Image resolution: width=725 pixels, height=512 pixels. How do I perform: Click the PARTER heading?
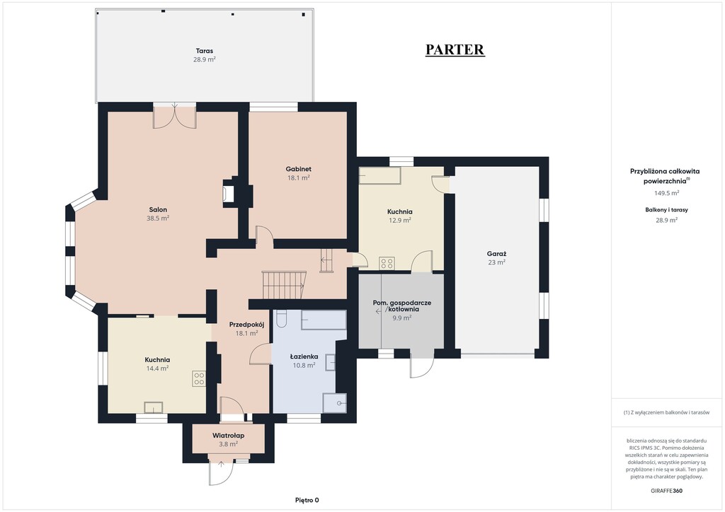click(x=455, y=50)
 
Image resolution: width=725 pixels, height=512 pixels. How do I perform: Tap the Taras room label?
click(x=205, y=51)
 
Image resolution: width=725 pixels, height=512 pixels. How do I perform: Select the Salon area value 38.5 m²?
click(x=158, y=219)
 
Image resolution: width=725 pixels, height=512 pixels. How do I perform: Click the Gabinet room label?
click(x=298, y=169)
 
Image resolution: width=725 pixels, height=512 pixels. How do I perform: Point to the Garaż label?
click(x=496, y=253)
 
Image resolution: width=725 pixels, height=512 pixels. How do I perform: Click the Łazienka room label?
click(x=304, y=356)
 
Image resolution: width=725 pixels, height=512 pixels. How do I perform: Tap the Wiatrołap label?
click(x=229, y=436)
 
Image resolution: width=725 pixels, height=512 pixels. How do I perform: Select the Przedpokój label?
click(x=246, y=325)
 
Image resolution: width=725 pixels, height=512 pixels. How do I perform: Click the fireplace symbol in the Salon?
click(x=229, y=192)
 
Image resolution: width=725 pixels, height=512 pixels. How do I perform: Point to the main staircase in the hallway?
click(x=284, y=285)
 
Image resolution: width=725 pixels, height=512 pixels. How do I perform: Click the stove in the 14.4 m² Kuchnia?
click(x=199, y=379)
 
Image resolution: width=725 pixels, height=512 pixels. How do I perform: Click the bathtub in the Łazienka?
click(x=324, y=320)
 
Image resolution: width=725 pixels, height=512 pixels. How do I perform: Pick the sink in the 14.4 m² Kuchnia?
click(x=154, y=407)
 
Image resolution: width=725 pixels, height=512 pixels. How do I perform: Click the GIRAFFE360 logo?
click(x=666, y=491)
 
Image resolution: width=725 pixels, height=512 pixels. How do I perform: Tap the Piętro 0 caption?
click(x=307, y=500)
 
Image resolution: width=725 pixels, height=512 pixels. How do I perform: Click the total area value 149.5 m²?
click(x=666, y=193)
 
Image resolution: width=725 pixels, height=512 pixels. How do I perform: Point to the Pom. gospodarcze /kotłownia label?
click(x=402, y=306)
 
